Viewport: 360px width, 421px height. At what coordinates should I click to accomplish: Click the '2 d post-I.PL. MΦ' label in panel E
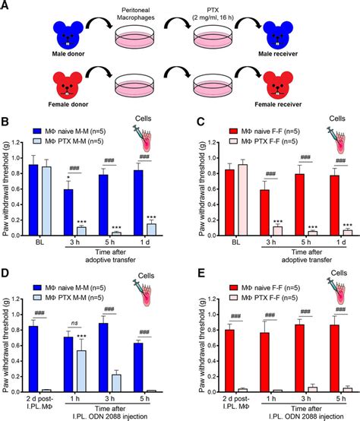[x=224, y=402]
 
